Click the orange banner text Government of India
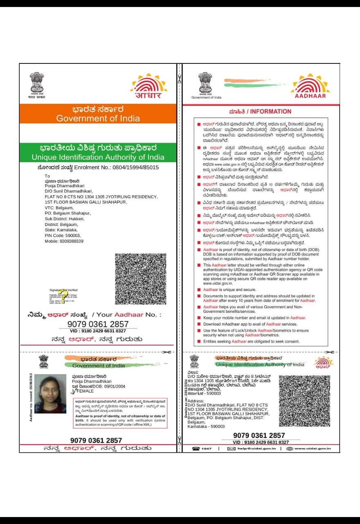[x=98, y=119]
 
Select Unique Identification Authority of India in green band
[x=98, y=157]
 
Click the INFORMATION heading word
[x=271, y=111]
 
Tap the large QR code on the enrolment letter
[x=140, y=279]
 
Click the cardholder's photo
[x=50, y=393]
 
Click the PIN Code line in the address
[x=63, y=236]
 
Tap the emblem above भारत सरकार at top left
[x=37, y=82]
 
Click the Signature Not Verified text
[x=63, y=290]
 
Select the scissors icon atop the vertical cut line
[x=179, y=77]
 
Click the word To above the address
[x=47, y=176]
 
